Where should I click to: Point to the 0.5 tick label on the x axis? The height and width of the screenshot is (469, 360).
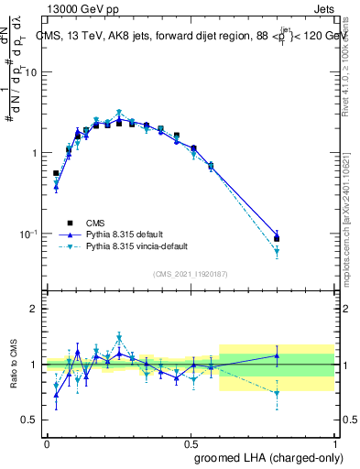tap(191, 442)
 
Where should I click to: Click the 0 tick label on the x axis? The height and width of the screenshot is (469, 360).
tap(47, 442)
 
